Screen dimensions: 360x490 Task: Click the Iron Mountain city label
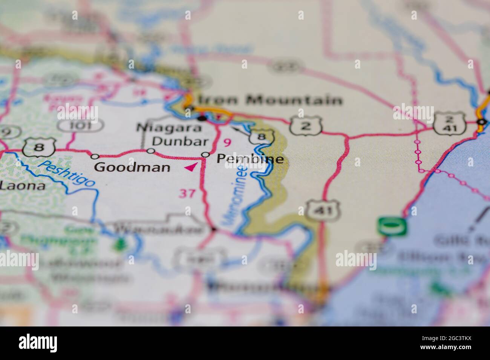coord(270,100)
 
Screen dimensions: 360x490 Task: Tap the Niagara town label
coord(169,128)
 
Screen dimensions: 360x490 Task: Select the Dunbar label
coord(180,142)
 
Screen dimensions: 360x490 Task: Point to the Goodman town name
coord(132,166)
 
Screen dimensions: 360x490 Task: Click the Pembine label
coord(250,159)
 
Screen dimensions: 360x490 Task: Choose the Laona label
coord(23,185)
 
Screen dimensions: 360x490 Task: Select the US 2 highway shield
coord(306,126)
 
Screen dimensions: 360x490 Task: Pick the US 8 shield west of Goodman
coord(39,148)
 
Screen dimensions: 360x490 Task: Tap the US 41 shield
coord(323,210)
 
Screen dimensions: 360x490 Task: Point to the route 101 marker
coord(80,125)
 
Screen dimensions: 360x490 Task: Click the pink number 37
coord(187,194)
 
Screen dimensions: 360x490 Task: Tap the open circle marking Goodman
coord(95,156)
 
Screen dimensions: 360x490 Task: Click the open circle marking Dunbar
coord(150,151)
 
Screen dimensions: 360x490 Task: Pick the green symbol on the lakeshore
coord(393,227)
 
